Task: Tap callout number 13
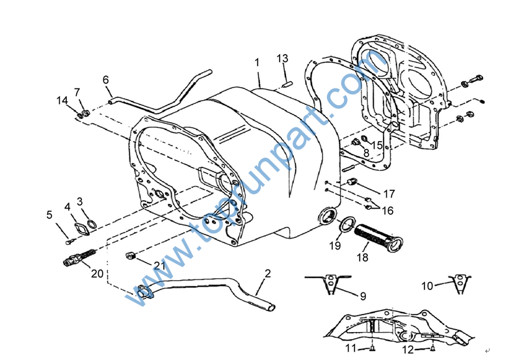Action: [x=282, y=58]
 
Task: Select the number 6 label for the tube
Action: [x=105, y=80]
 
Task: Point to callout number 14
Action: [x=62, y=100]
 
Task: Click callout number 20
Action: [x=97, y=274]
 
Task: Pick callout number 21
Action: [x=160, y=265]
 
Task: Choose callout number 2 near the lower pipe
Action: [x=267, y=273]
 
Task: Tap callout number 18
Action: [x=362, y=257]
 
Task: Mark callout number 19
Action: [x=334, y=246]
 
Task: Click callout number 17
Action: [x=389, y=194]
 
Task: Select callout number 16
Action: [x=388, y=211]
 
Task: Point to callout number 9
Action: [x=363, y=296]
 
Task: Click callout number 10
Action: [x=427, y=285]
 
